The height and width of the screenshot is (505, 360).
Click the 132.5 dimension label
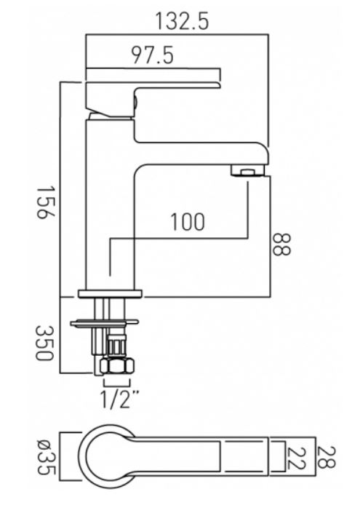click(x=183, y=22)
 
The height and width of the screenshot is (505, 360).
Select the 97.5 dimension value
click(x=153, y=55)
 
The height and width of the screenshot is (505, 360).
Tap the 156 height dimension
click(x=45, y=202)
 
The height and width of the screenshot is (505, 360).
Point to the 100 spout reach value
click(x=188, y=222)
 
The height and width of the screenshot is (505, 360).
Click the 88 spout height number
click(x=281, y=244)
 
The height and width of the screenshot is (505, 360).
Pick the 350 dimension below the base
click(x=44, y=343)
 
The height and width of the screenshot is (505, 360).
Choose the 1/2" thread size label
click(x=119, y=399)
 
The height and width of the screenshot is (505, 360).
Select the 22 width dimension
click(x=295, y=458)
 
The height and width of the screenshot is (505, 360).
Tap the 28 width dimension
click(x=327, y=457)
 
